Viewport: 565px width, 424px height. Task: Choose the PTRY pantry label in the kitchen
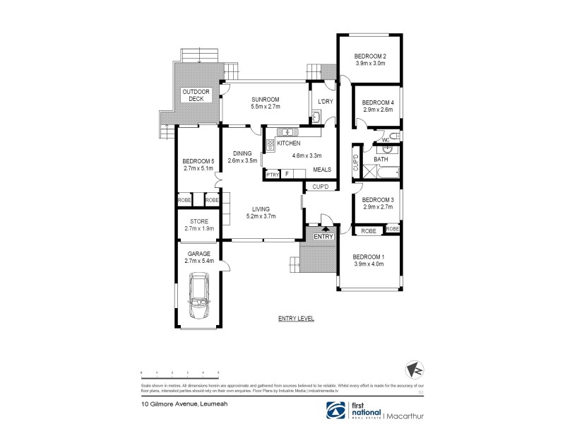click(x=272, y=174)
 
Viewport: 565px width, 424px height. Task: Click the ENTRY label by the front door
click(x=323, y=236)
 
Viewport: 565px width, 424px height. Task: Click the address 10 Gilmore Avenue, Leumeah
click(x=172, y=404)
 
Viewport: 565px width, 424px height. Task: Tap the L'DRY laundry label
click(x=325, y=102)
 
